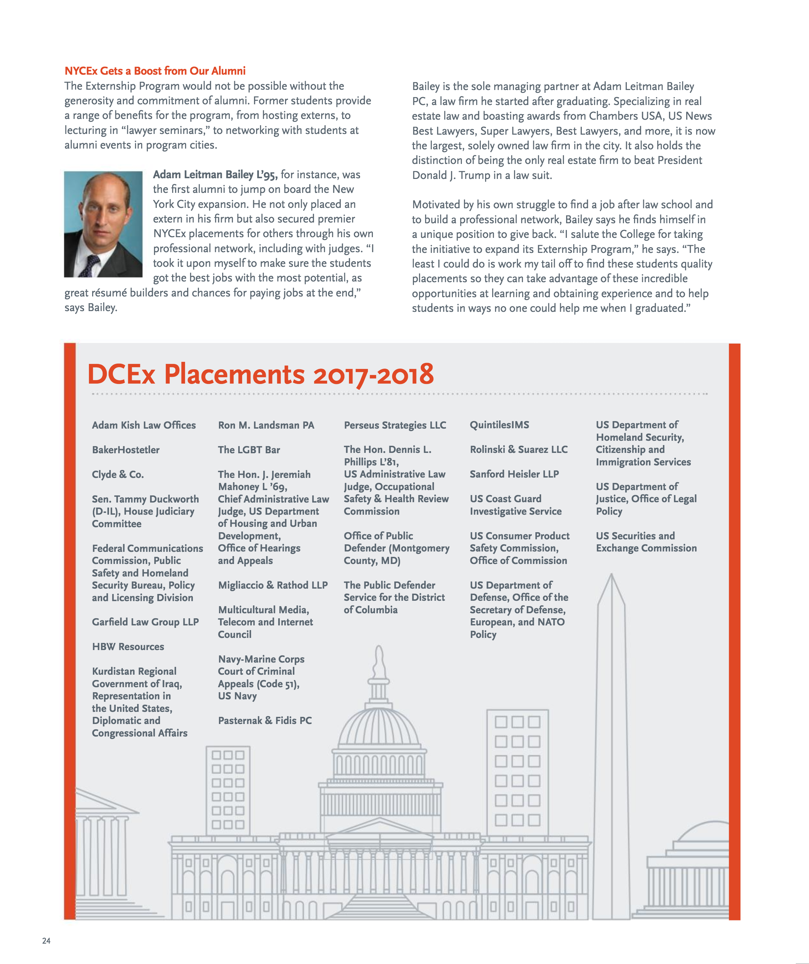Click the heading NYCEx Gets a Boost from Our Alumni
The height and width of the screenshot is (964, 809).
coord(155,71)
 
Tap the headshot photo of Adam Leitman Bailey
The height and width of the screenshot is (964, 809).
coord(103,224)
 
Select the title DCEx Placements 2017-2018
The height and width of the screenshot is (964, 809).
coord(260,374)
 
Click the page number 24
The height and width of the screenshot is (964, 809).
coord(46,940)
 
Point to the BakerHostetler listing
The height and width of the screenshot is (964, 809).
coord(125,450)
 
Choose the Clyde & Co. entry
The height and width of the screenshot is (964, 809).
coord(118,474)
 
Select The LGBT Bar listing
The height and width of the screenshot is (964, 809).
coord(249,450)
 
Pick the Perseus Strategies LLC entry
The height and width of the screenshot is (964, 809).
coord(395,425)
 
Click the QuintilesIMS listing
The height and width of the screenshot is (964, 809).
coord(499,425)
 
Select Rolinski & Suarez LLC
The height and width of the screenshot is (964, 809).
coord(518,449)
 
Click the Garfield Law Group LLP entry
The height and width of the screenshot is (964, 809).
coord(145,622)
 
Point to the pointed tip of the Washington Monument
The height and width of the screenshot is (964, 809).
coord(611,576)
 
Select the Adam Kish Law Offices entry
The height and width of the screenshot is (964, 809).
coord(143,425)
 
